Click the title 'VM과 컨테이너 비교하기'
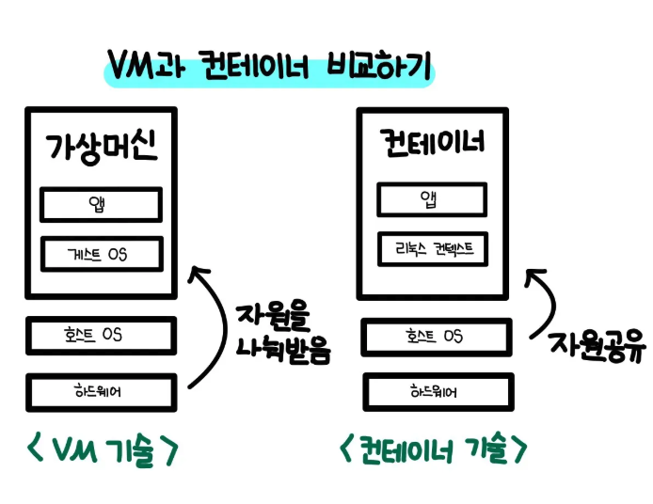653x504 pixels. (268, 68)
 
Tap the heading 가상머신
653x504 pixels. (101, 148)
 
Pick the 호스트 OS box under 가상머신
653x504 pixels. (101, 336)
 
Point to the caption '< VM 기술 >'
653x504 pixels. (101, 452)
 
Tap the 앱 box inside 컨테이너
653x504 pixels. (433, 199)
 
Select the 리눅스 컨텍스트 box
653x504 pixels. (433, 249)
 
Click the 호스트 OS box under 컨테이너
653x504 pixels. (436, 337)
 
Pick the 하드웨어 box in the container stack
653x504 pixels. (436, 391)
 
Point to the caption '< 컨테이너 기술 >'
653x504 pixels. (433, 452)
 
